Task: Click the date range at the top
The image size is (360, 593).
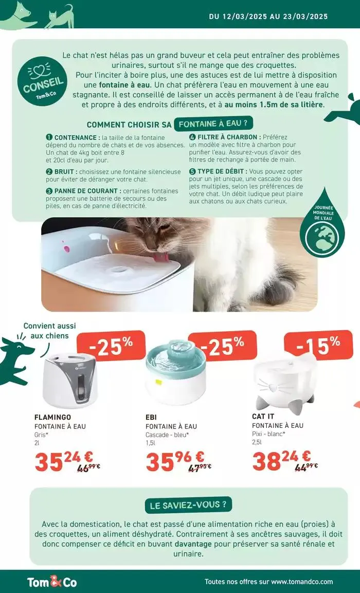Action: [x=268, y=16]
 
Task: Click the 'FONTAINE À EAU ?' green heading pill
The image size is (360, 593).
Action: [x=213, y=123]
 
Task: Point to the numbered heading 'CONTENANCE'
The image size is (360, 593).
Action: [x=77, y=138]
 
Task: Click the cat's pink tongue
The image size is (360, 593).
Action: [x=161, y=257]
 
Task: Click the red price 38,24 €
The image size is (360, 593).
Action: [x=281, y=460]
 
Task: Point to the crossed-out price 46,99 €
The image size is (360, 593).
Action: [x=88, y=467]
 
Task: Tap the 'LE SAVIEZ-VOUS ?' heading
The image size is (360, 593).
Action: [x=188, y=505]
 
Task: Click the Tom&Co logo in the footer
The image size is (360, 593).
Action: [x=52, y=582]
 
